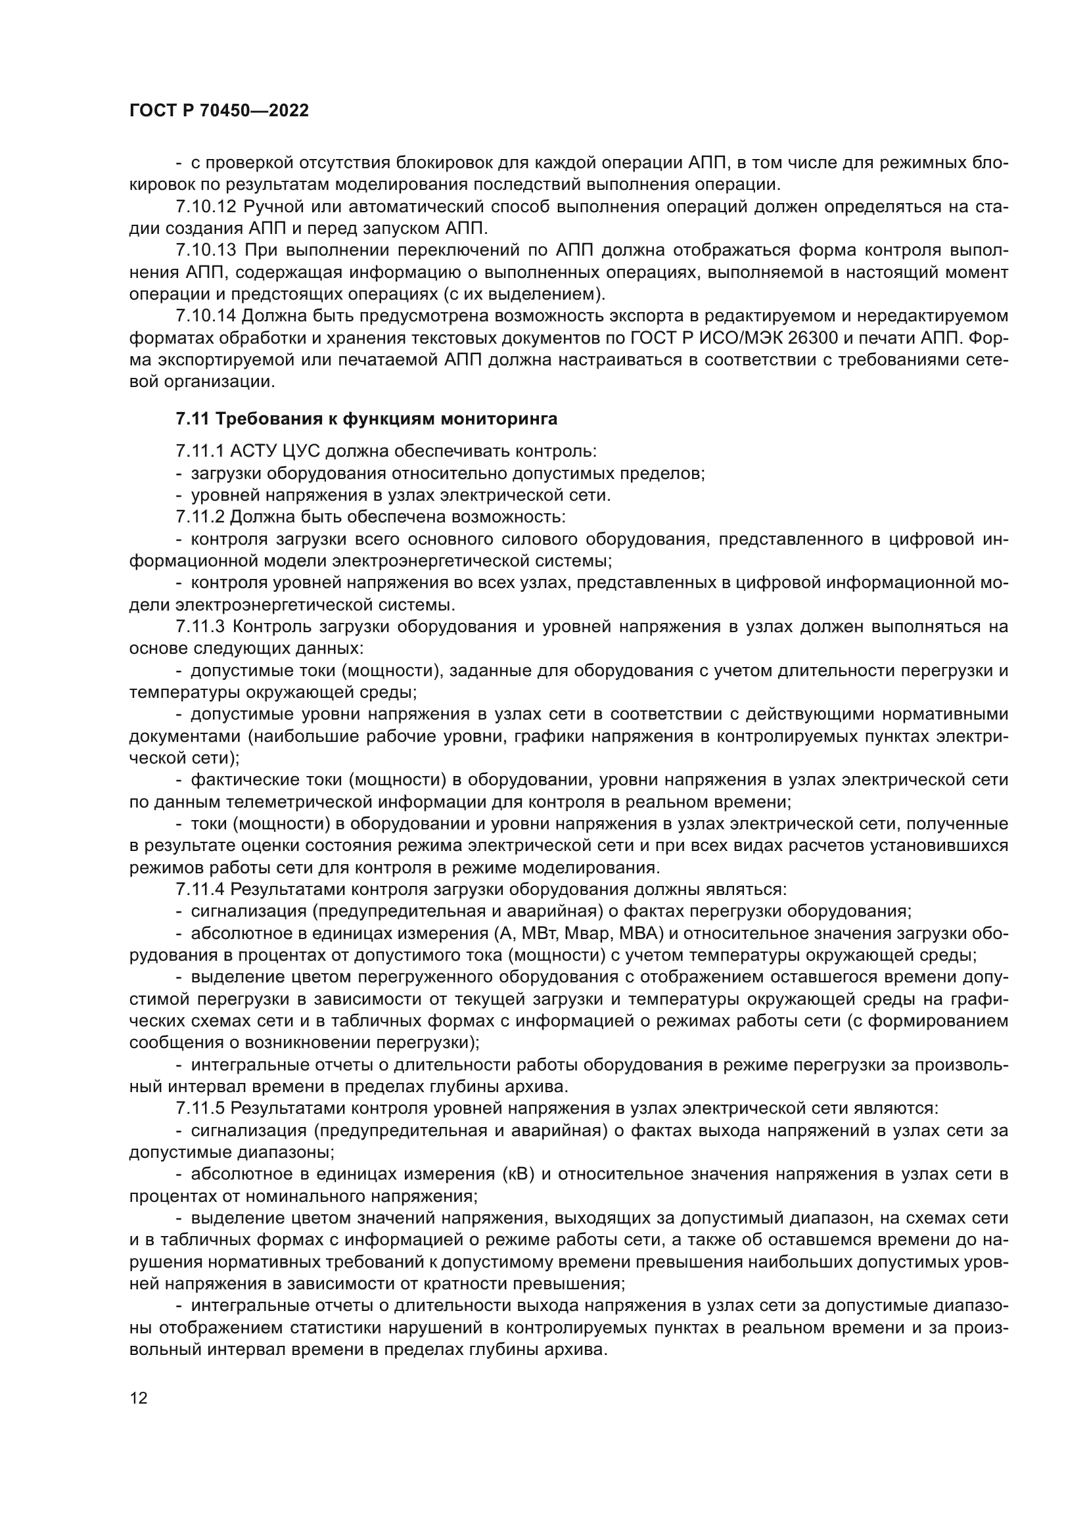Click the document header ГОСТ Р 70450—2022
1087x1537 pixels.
pyautogui.click(x=219, y=111)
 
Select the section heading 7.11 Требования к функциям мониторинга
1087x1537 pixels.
pyautogui.click(x=366, y=419)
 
